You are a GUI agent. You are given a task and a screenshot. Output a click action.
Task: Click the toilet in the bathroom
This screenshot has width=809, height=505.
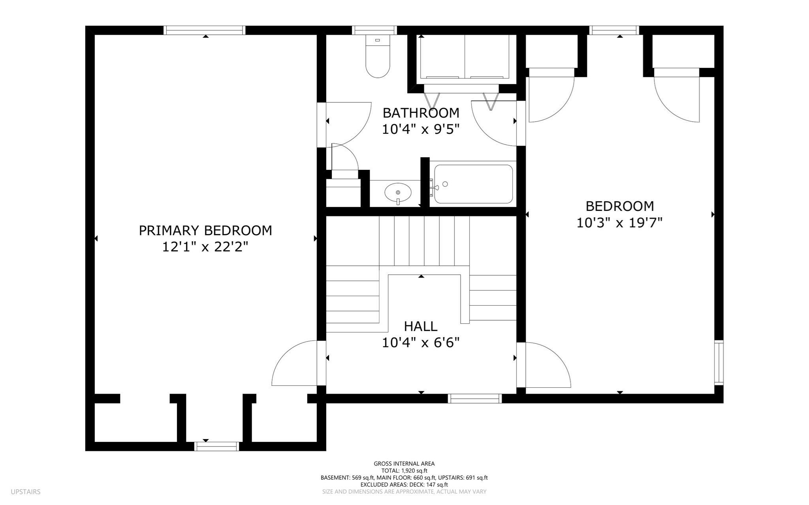click(x=378, y=56)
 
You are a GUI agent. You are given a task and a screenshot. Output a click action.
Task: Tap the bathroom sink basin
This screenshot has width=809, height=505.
click(x=398, y=192)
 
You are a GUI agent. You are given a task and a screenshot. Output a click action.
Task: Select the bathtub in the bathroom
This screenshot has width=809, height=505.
click(x=474, y=184)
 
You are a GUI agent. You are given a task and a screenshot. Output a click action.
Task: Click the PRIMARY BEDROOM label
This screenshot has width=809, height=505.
click(x=205, y=231)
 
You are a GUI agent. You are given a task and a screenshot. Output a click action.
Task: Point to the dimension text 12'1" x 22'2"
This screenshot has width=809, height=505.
click(x=205, y=247)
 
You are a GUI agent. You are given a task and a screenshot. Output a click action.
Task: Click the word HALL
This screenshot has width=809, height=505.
click(x=421, y=327)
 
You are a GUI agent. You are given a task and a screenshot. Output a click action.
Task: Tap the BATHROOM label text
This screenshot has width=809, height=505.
click(x=421, y=113)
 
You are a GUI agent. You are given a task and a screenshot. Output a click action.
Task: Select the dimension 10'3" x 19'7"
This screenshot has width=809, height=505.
click(x=619, y=223)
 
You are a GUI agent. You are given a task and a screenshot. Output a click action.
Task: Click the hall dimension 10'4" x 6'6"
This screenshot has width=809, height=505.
click(x=421, y=342)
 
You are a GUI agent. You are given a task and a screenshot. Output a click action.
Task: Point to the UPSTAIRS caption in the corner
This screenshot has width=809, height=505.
click(x=26, y=492)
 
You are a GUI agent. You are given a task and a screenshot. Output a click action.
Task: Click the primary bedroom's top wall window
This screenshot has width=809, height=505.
click(x=205, y=30)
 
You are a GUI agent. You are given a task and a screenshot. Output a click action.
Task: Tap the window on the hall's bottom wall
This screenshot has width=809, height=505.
click(x=475, y=398)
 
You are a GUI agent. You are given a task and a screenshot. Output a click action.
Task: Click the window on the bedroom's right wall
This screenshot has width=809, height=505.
click(x=719, y=362)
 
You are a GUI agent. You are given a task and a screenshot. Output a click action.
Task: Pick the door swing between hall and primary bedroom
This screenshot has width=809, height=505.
click(x=294, y=363)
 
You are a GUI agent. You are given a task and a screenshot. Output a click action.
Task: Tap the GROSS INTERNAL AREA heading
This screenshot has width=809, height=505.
click(x=404, y=464)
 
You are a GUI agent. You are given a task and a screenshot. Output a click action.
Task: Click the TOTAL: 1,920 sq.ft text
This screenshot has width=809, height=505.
click(x=404, y=471)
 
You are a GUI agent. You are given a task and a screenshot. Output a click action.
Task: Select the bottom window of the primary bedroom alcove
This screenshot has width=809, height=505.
click(x=217, y=446)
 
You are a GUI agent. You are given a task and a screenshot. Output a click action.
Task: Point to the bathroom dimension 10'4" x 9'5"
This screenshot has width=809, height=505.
click(x=421, y=129)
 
